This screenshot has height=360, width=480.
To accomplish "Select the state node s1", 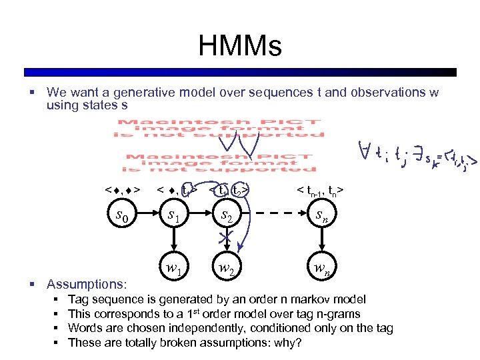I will [173, 216].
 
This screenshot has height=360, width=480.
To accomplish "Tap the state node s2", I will [228, 216].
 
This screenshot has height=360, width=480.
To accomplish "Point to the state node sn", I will [320, 216].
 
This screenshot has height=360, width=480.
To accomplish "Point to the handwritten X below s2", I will [227, 239].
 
